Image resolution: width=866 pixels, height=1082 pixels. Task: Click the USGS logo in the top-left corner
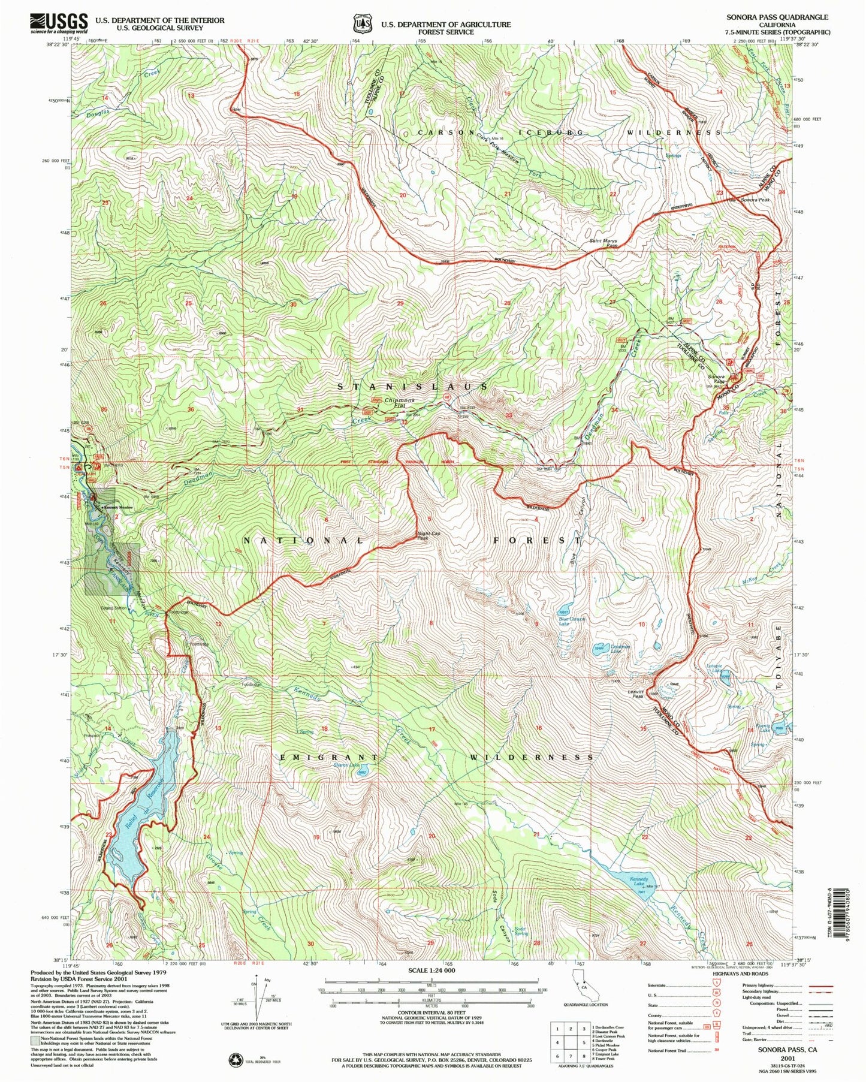[x=59, y=23]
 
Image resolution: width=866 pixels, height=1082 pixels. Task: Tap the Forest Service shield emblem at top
[x=358, y=23]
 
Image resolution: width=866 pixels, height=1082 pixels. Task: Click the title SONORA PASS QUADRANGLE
[x=777, y=17]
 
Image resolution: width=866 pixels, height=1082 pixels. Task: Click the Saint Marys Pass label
[x=602, y=243]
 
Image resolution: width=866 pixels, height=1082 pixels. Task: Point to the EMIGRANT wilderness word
[x=330, y=758]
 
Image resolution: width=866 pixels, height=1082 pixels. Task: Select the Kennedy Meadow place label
[x=118, y=508]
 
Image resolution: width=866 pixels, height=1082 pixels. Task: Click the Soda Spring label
[x=521, y=932]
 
